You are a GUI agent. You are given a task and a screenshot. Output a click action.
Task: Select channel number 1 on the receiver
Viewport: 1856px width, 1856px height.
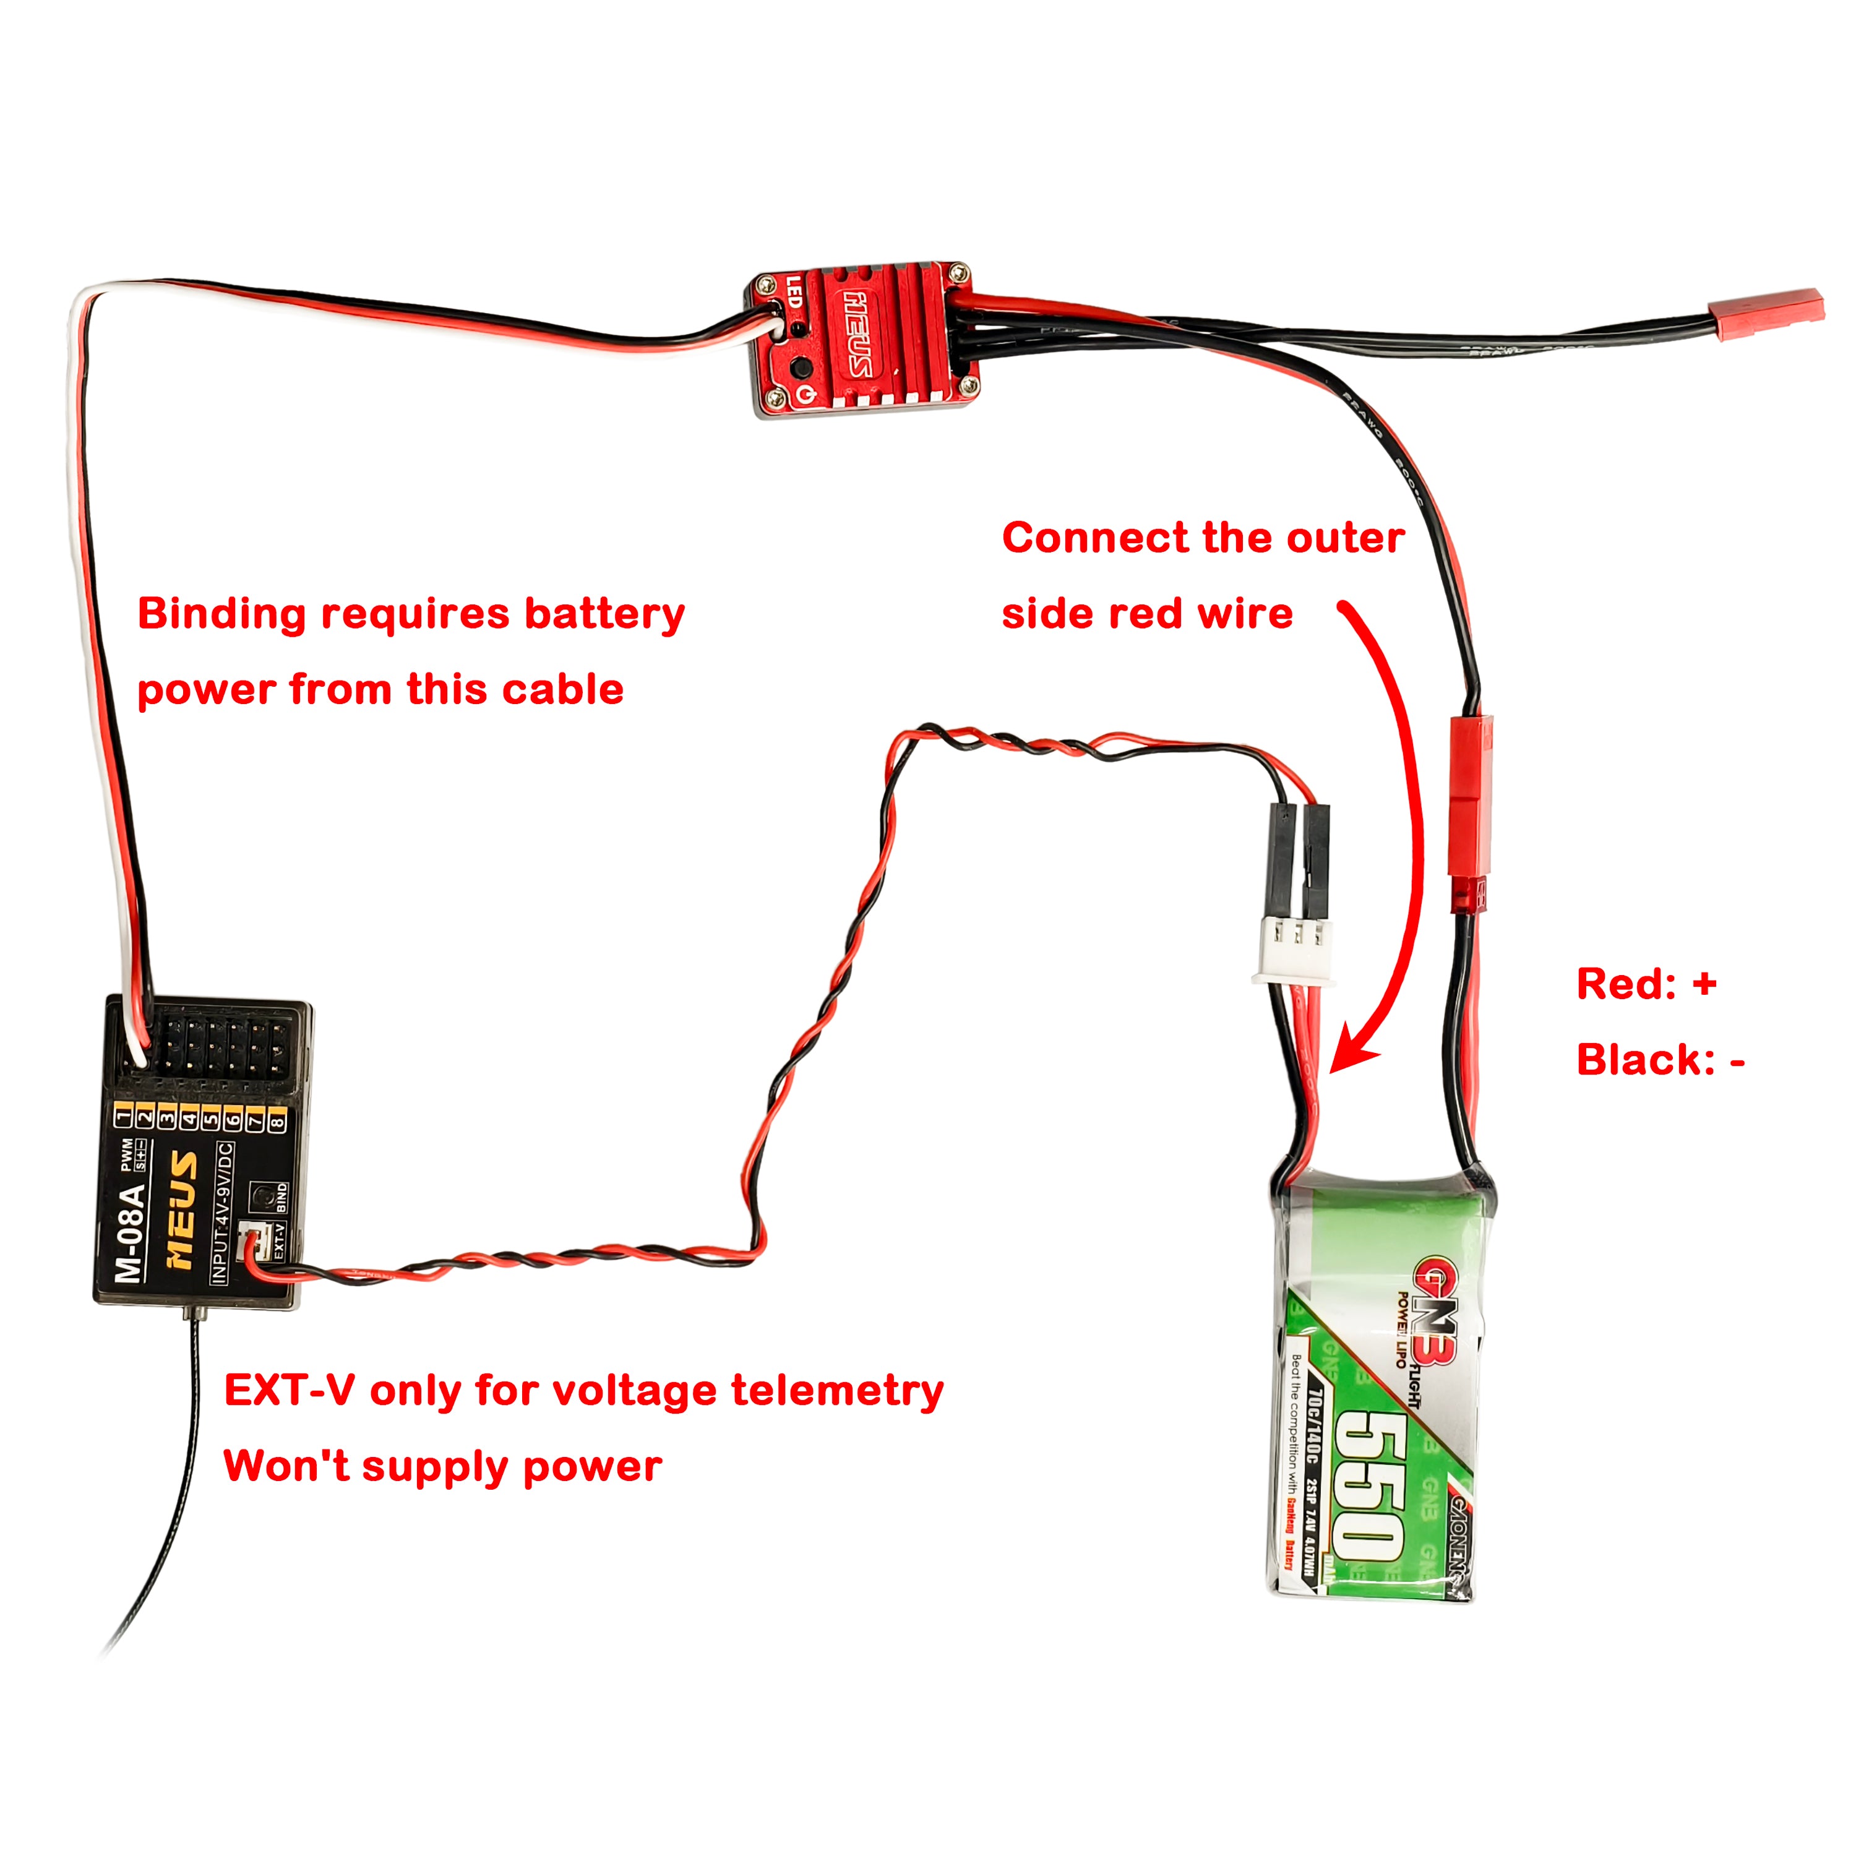[123, 1116]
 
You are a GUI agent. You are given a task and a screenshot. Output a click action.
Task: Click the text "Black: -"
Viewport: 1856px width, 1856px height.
[1660, 1060]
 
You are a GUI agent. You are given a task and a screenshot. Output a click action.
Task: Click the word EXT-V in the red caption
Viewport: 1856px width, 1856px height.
[289, 1390]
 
